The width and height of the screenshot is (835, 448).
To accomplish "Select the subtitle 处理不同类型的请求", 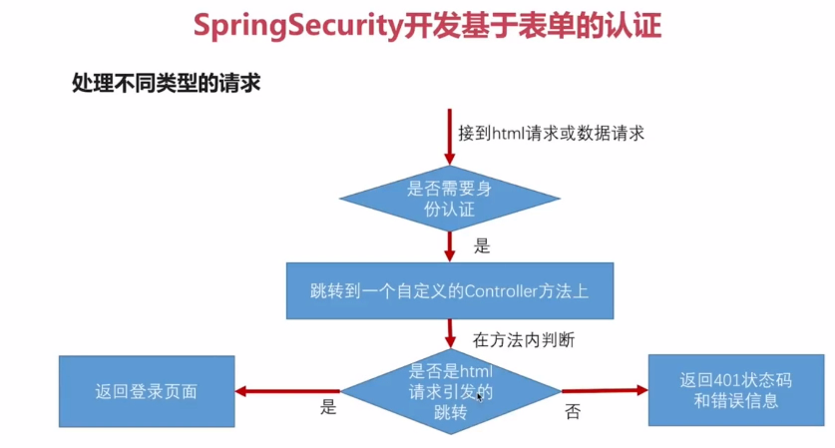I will (x=166, y=83).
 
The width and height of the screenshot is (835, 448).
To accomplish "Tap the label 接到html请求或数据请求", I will (x=551, y=133).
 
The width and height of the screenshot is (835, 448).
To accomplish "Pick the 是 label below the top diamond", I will (x=481, y=245).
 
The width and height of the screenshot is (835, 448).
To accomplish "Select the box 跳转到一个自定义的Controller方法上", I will (x=448, y=290).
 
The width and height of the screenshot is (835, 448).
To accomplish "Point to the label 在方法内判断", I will (x=523, y=340).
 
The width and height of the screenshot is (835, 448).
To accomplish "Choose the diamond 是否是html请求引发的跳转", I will (x=451, y=391).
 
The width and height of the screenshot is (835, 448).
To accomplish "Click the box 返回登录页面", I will (x=147, y=391).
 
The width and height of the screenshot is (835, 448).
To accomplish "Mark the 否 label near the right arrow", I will (x=572, y=410).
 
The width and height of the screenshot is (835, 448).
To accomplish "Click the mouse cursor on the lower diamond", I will (x=480, y=397).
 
